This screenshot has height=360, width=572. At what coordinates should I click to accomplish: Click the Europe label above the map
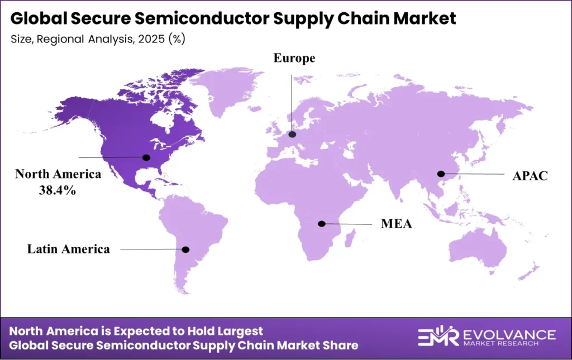pos(294,59)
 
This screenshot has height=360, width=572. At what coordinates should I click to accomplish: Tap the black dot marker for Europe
pos(292,135)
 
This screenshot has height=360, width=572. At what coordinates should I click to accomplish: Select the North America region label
pos(58,174)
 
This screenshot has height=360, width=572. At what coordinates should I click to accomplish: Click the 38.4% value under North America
pos(58,190)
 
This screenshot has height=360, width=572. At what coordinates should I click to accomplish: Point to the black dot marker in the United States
pos(146,158)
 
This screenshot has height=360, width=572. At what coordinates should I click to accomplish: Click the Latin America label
pos(69,249)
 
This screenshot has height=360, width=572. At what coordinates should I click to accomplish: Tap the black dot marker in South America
pos(186,249)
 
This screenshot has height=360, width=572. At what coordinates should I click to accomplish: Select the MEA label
pos(397,224)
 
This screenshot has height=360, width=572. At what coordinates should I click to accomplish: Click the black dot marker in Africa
pos(322,224)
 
